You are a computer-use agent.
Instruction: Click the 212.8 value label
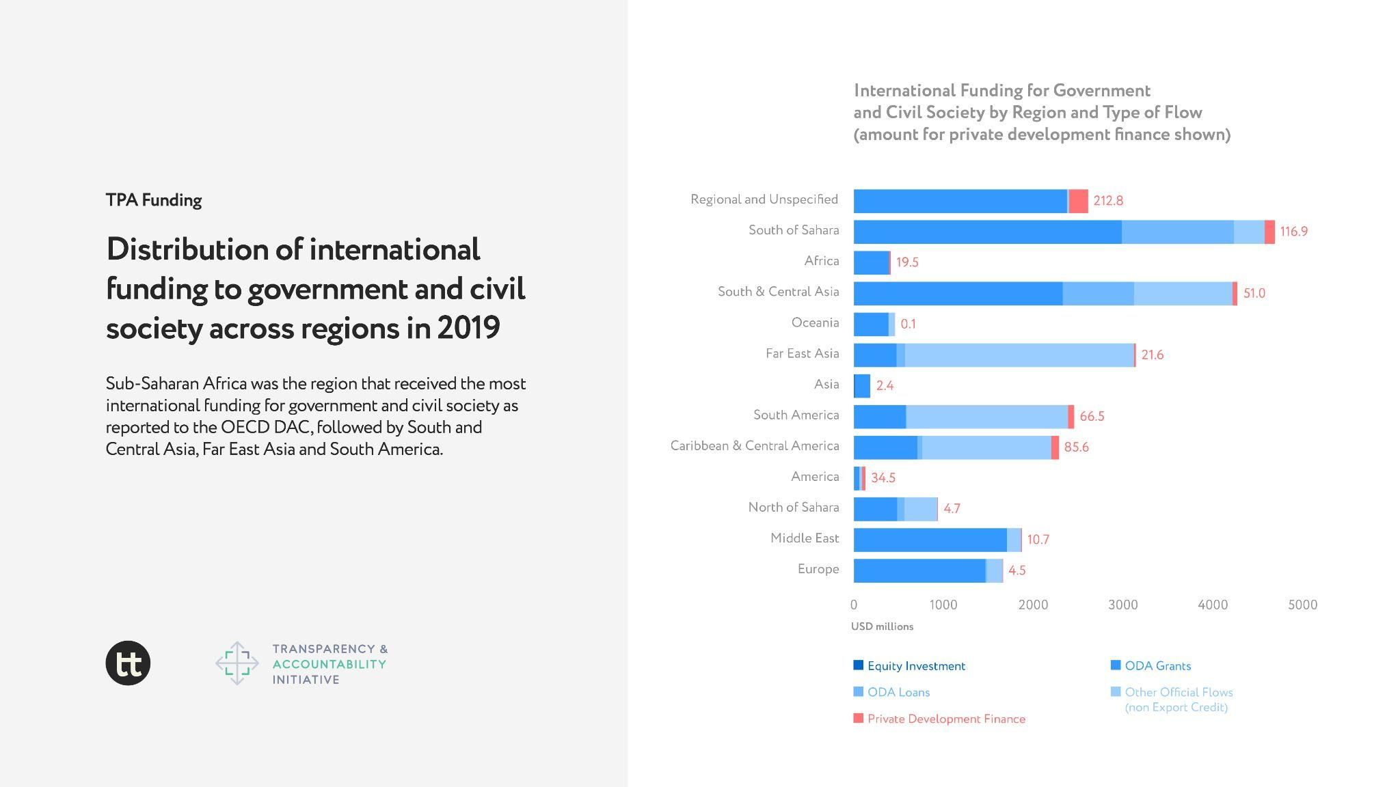(x=1107, y=200)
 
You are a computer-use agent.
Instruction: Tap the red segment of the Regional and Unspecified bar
(x=1078, y=201)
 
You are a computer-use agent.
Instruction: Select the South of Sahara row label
(x=793, y=230)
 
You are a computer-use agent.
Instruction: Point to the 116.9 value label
(x=1293, y=231)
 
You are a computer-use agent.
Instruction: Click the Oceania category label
(x=815, y=322)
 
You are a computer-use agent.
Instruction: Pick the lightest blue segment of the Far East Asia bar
(x=1019, y=355)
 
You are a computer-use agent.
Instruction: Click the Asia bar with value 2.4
(x=863, y=385)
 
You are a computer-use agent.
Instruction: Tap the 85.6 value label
(x=1076, y=447)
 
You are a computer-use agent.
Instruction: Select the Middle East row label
(x=804, y=538)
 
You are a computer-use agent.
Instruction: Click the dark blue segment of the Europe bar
(x=919, y=570)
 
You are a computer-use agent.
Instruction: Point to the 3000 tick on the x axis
(x=1122, y=605)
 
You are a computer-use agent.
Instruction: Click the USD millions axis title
(x=882, y=626)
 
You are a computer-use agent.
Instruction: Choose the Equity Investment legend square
(x=859, y=665)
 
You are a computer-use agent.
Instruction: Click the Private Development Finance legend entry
(x=946, y=719)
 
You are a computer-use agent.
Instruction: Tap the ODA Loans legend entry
(x=898, y=692)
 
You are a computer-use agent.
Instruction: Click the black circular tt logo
(x=128, y=663)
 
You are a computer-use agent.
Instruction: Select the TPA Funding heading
(x=154, y=200)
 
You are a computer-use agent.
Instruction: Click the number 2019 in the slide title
(x=468, y=328)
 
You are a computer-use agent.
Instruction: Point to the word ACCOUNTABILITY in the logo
(x=329, y=664)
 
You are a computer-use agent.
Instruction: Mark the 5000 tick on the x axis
(x=1302, y=605)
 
